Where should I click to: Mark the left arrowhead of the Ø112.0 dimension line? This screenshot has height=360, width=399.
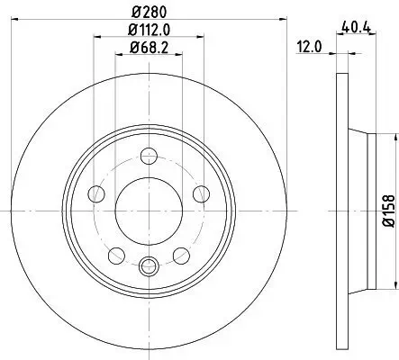pos(95,38)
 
